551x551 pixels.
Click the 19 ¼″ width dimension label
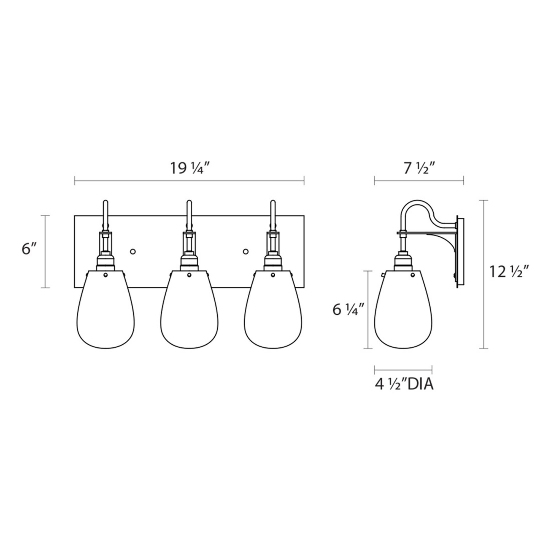point(190,168)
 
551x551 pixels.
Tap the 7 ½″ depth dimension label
point(419,168)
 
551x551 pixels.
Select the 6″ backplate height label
point(30,249)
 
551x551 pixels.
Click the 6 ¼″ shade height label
point(348,310)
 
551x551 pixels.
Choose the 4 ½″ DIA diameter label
point(404,385)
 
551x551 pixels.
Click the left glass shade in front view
point(106,309)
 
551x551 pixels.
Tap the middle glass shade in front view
point(189,309)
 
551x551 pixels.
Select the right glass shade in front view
point(273,309)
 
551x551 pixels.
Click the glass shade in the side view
point(403,309)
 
